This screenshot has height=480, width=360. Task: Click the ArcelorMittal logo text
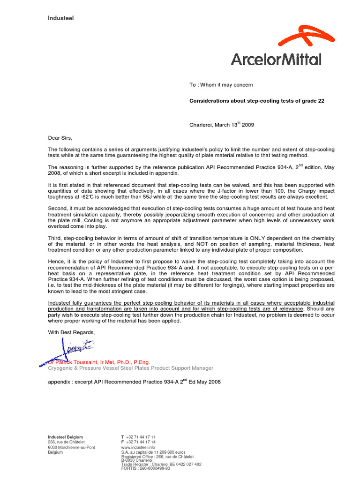click(276, 59)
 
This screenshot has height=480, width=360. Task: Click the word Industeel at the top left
click(61, 18)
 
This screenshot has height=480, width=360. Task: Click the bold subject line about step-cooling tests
click(256, 101)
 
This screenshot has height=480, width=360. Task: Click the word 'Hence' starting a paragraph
click(56, 261)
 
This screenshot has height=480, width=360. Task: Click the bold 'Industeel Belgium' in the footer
click(65, 437)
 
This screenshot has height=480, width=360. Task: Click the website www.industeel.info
click(138, 448)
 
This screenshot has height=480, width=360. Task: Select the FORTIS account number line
click(145, 468)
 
